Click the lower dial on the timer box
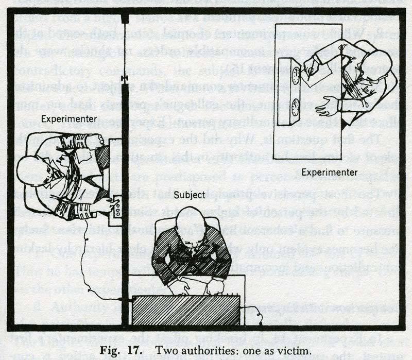pos(295,108)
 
